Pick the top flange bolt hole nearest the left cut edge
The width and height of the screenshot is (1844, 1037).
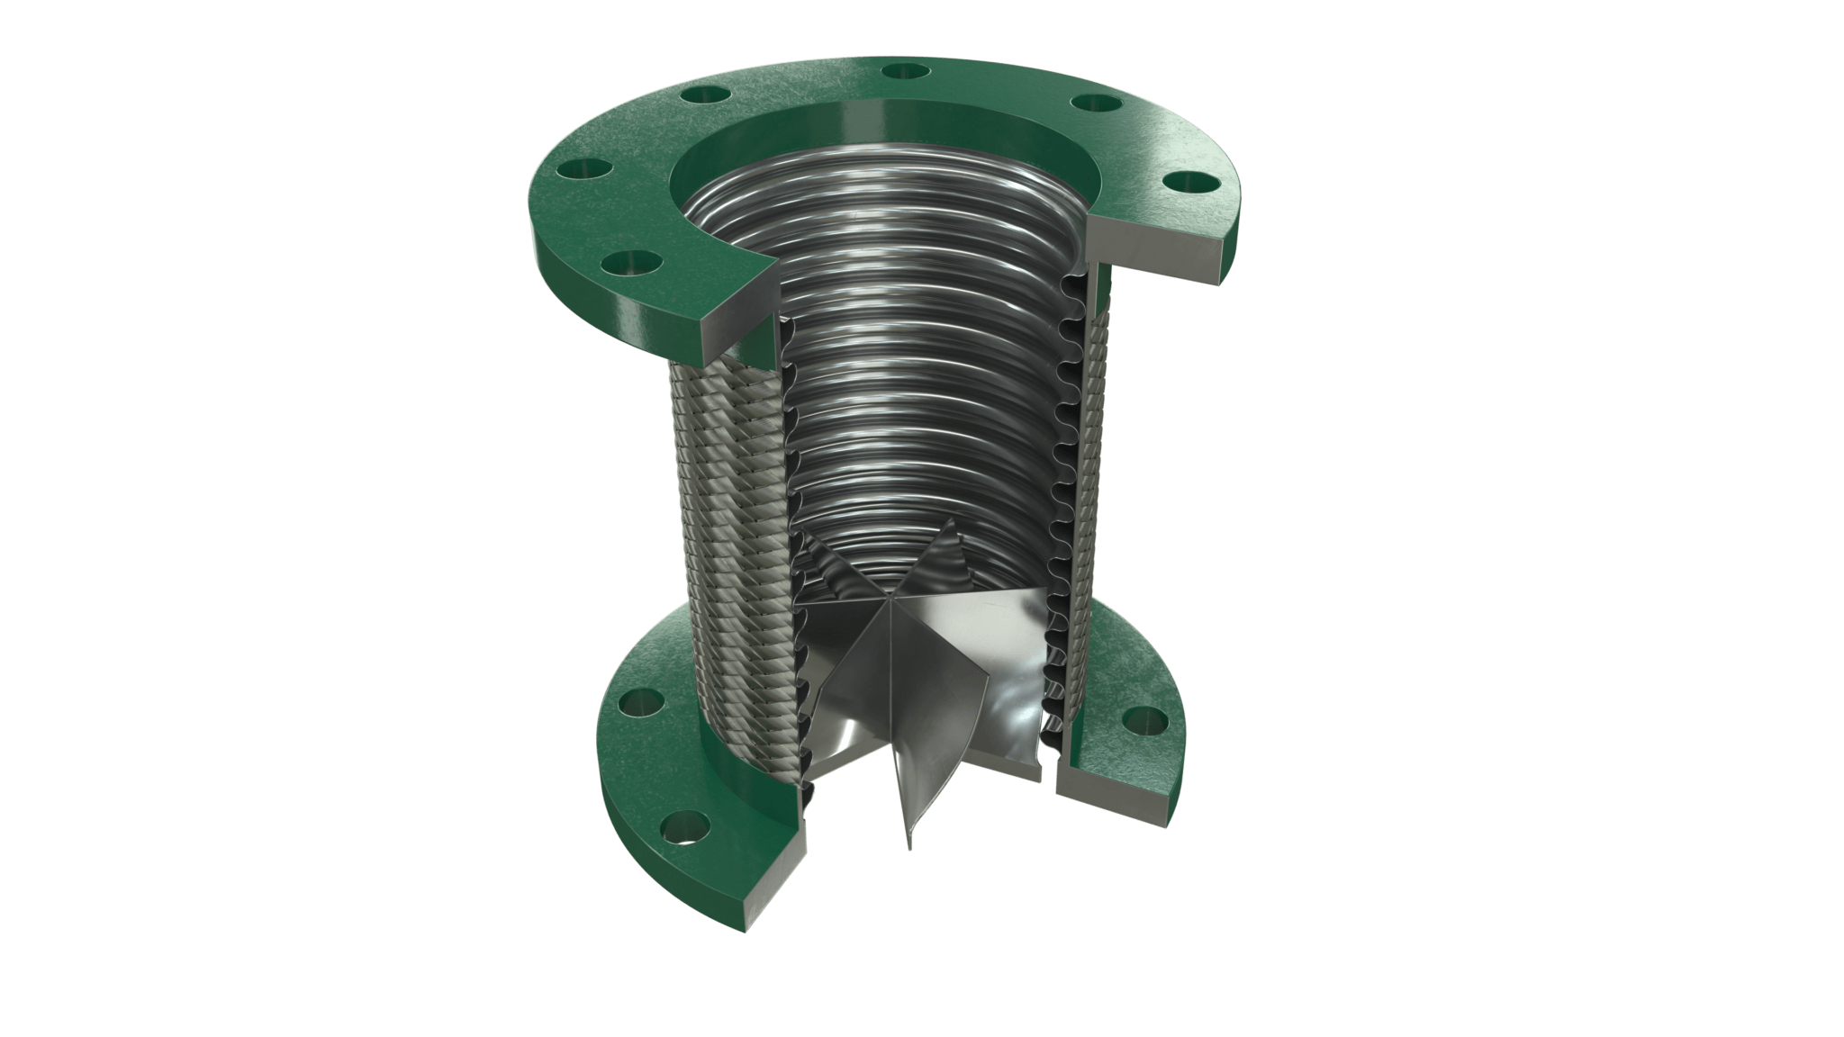pyautogui.click(x=628, y=263)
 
